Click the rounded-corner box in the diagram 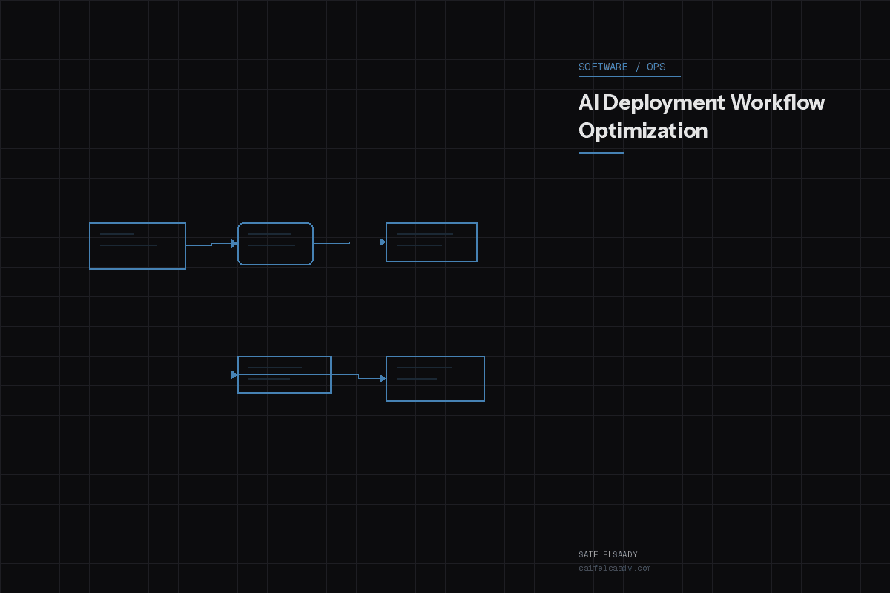275,243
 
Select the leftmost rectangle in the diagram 137,245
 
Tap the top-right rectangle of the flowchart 431,242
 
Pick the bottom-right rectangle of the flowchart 435,378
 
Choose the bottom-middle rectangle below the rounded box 284,374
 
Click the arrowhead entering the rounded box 234,243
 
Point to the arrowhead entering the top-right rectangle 383,242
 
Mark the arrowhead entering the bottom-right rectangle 383,378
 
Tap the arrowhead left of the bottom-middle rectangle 234,374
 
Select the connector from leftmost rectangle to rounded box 209,244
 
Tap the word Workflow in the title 777,102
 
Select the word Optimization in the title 643,130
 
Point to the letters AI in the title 588,102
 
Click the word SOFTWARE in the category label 603,67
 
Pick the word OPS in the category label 656,67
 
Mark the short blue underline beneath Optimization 601,153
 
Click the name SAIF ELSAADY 608,554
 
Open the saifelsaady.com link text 615,569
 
